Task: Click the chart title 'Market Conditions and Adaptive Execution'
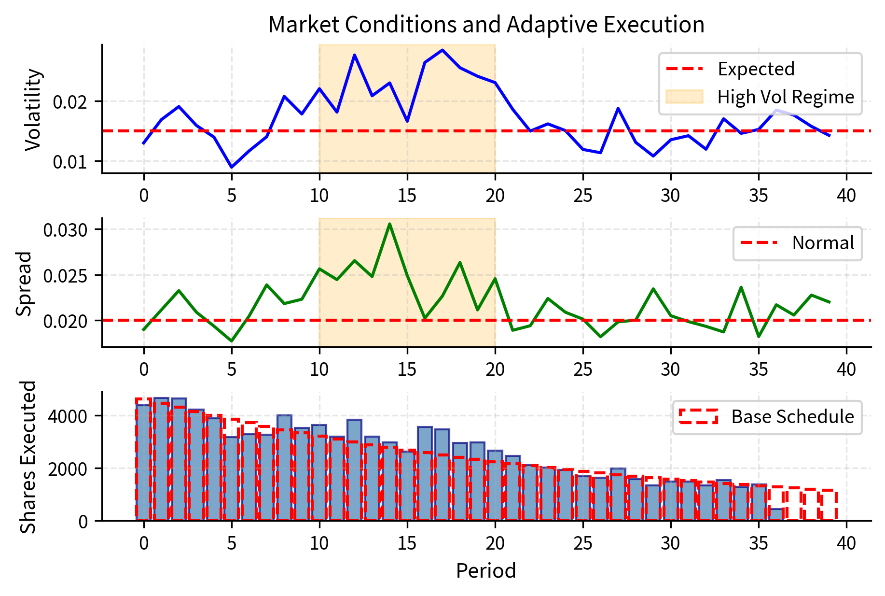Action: click(x=486, y=24)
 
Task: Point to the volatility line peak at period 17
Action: click(x=442, y=50)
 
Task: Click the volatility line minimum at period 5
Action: click(x=232, y=167)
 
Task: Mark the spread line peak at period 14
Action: click(x=389, y=224)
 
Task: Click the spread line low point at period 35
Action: click(x=759, y=336)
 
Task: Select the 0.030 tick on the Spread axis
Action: click(x=66, y=229)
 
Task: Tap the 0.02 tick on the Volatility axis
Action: click(x=70, y=102)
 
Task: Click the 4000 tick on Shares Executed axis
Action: click(x=68, y=416)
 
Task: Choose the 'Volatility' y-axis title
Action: click(x=33, y=109)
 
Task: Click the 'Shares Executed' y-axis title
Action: click(x=28, y=456)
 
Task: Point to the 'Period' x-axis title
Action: click(x=486, y=570)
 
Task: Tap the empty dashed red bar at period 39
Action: click(x=829, y=505)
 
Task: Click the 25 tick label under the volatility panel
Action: click(x=583, y=196)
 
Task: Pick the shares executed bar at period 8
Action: click(x=284, y=468)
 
